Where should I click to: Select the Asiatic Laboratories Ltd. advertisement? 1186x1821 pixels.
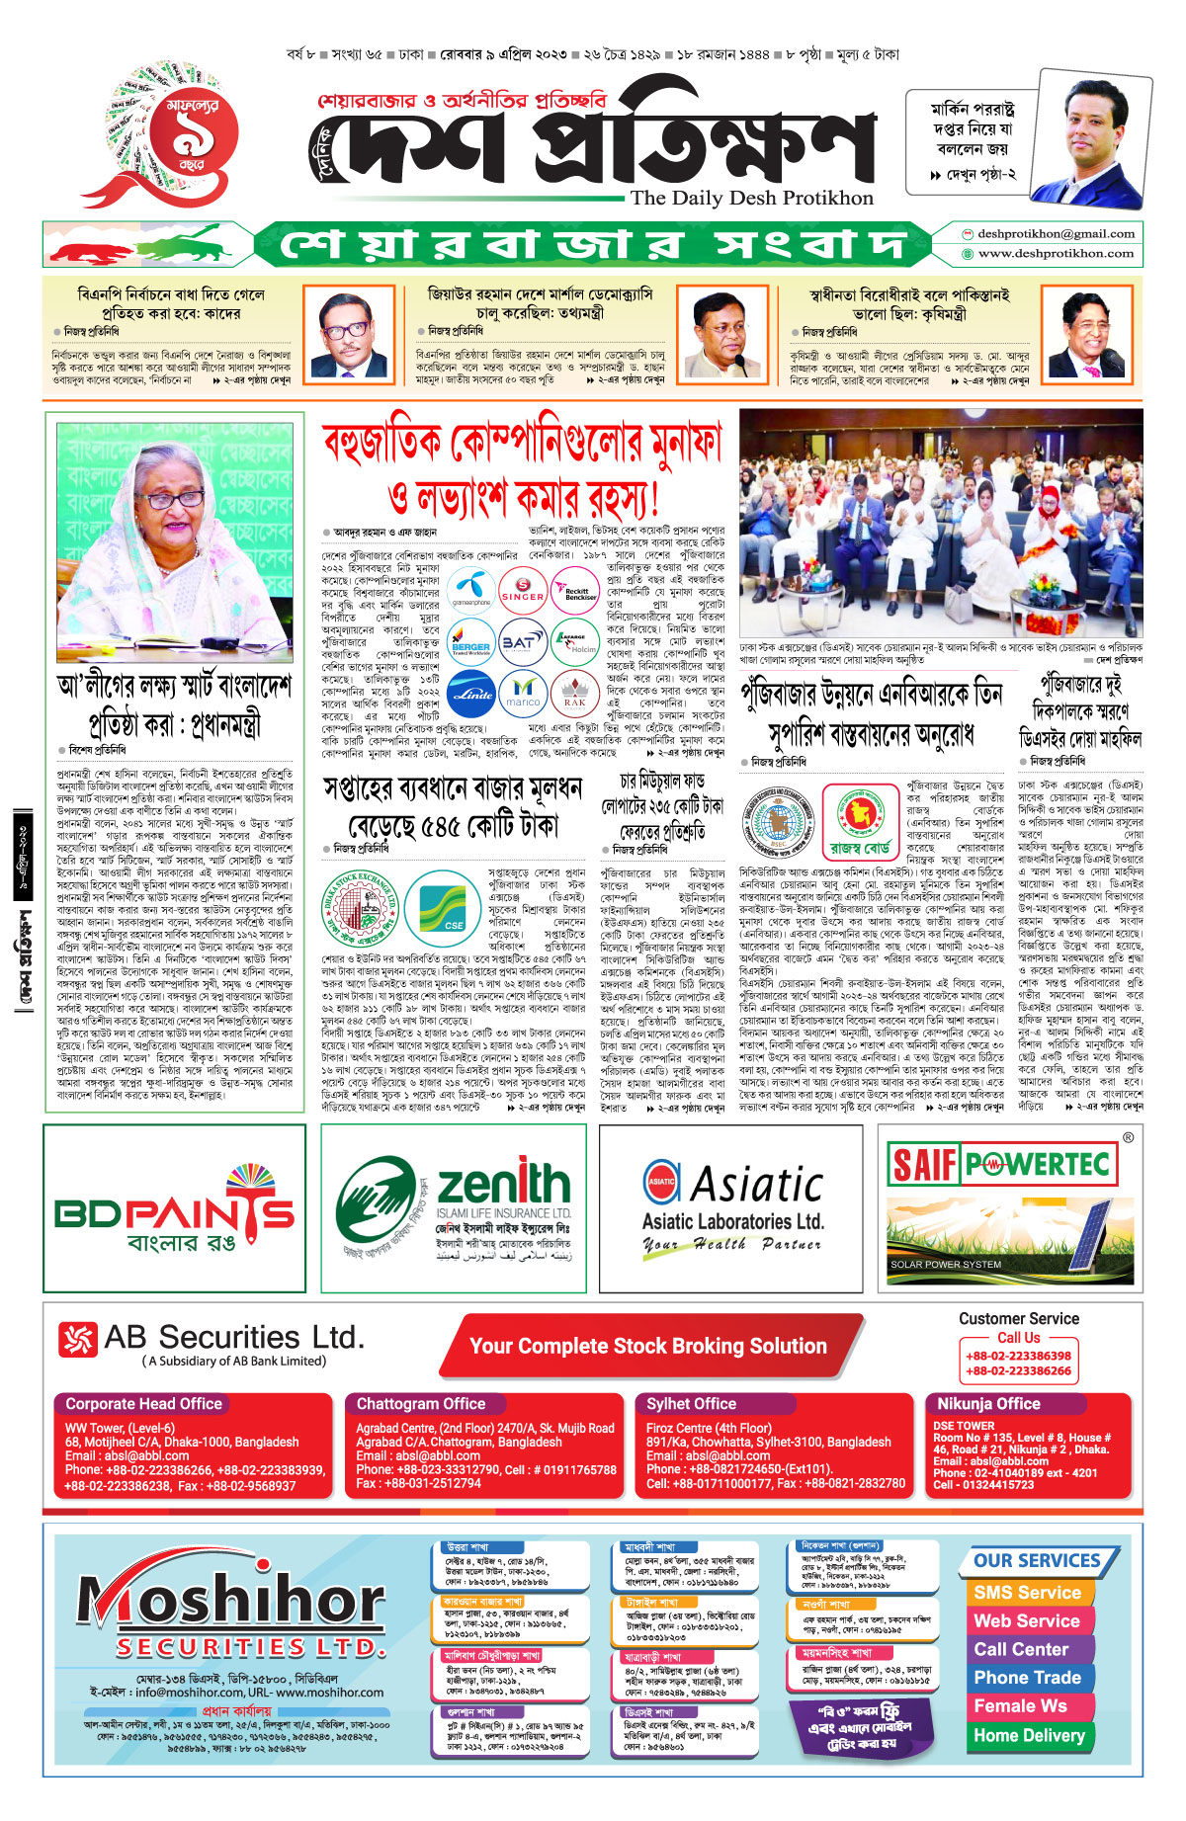732,1207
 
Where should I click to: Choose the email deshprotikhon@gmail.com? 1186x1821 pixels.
1056,234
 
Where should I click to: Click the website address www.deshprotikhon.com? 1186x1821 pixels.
1056,253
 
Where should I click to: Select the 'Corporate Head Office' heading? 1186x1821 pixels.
144,1403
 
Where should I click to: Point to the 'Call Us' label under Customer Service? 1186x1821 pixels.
1018,1337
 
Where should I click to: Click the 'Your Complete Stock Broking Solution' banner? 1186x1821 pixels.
647,1346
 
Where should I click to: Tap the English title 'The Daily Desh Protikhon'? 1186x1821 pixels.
752,198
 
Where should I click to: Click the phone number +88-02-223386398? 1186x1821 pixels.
1018,1356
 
